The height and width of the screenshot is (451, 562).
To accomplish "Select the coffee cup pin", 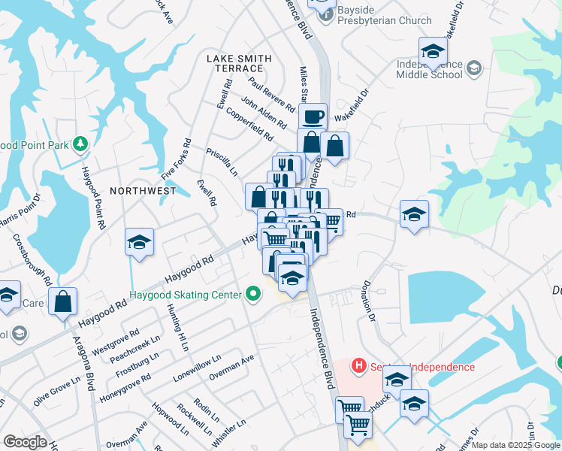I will click(x=313, y=117).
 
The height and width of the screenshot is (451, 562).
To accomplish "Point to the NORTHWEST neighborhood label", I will click(x=143, y=191).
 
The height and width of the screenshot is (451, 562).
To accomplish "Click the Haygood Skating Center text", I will click(x=186, y=295).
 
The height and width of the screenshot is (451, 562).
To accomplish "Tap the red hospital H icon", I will click(x=359, y=366).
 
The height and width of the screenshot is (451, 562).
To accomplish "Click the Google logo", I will click(x=24, y=442).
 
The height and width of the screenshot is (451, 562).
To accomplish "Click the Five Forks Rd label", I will click(x=177, y=159).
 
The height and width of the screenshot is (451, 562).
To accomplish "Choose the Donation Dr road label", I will click(x=369, y=301).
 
